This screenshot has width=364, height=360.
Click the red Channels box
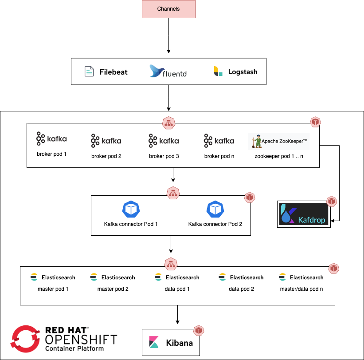click(x=168, y=9)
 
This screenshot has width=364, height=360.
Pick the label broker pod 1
click(x=51, y=154)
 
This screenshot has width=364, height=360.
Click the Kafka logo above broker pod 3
click(x=164, y=141)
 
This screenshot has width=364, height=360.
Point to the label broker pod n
click(x=219, y=156)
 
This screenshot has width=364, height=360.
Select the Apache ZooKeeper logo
click(x=278, y=141)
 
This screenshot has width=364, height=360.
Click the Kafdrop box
click(x=304, y=214)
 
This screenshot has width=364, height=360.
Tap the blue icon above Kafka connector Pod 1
click(x=131, y=209)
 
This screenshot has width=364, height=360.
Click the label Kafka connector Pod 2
click(x=215, y=224)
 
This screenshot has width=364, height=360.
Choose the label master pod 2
click(x=113, y=289)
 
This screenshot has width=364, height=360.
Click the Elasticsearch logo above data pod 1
click(x=177, y=277)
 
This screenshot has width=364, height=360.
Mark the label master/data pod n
click(x=301, y=289)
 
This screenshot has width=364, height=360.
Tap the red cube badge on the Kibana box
click(x=199, y=330)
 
